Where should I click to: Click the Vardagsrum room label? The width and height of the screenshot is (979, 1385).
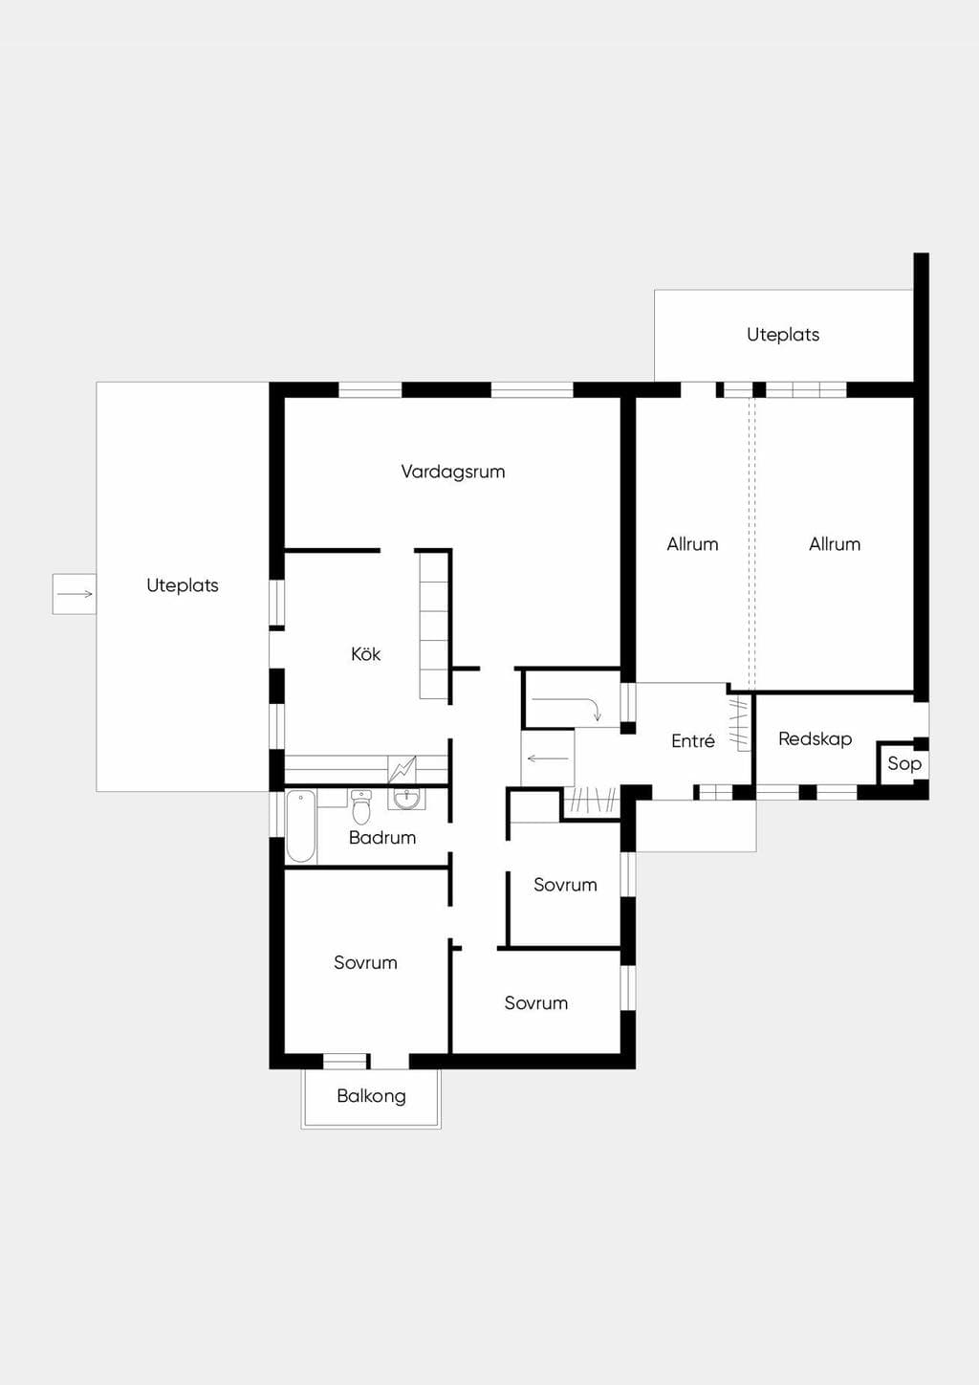pos(453,473)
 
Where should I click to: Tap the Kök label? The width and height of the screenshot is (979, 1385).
pos(366,654)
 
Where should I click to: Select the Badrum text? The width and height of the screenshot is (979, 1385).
pos(382,838)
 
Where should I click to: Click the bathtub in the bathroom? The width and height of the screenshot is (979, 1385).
pos(301,826)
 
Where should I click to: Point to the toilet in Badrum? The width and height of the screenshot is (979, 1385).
pos(360,807)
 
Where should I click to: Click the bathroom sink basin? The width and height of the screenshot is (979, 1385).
pos(406,800)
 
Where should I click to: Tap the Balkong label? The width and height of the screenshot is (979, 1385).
pos(372,1096)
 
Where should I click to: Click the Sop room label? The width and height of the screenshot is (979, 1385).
pos(904,764)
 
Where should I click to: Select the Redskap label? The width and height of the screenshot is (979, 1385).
pos(816,739)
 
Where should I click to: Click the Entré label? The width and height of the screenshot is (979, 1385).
pos(693,740)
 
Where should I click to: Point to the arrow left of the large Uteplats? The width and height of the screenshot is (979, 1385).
pos(75,594)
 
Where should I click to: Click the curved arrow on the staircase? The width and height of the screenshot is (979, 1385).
pos(567,708)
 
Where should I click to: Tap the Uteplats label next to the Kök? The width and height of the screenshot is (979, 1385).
pos(183,585)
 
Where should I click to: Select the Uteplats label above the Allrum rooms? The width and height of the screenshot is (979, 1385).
pos(783,335)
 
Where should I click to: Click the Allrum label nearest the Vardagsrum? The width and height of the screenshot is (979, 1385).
pos(692,545)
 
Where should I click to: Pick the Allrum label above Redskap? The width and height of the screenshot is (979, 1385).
pos(835,545)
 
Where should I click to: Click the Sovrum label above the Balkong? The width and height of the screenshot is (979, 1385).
pos(365,962)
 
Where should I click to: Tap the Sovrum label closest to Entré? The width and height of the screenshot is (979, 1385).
pos(565,885)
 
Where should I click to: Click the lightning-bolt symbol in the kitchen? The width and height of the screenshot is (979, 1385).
pos(402,769)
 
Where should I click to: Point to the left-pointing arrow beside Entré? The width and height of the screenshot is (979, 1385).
pos(548,758)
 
